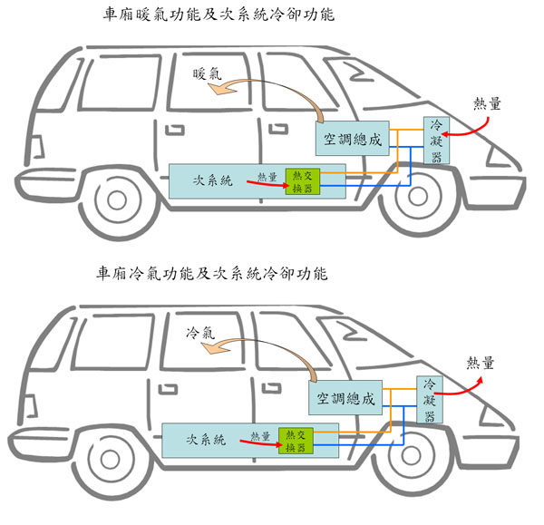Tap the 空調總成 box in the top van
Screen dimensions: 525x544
(x=355, y=140)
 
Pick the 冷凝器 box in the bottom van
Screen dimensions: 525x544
(x=430, y=400)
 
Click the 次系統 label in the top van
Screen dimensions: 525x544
(x=214, y=180)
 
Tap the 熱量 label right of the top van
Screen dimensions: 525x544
(x=488, y=104)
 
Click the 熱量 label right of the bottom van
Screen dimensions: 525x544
(x=481, y=364)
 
